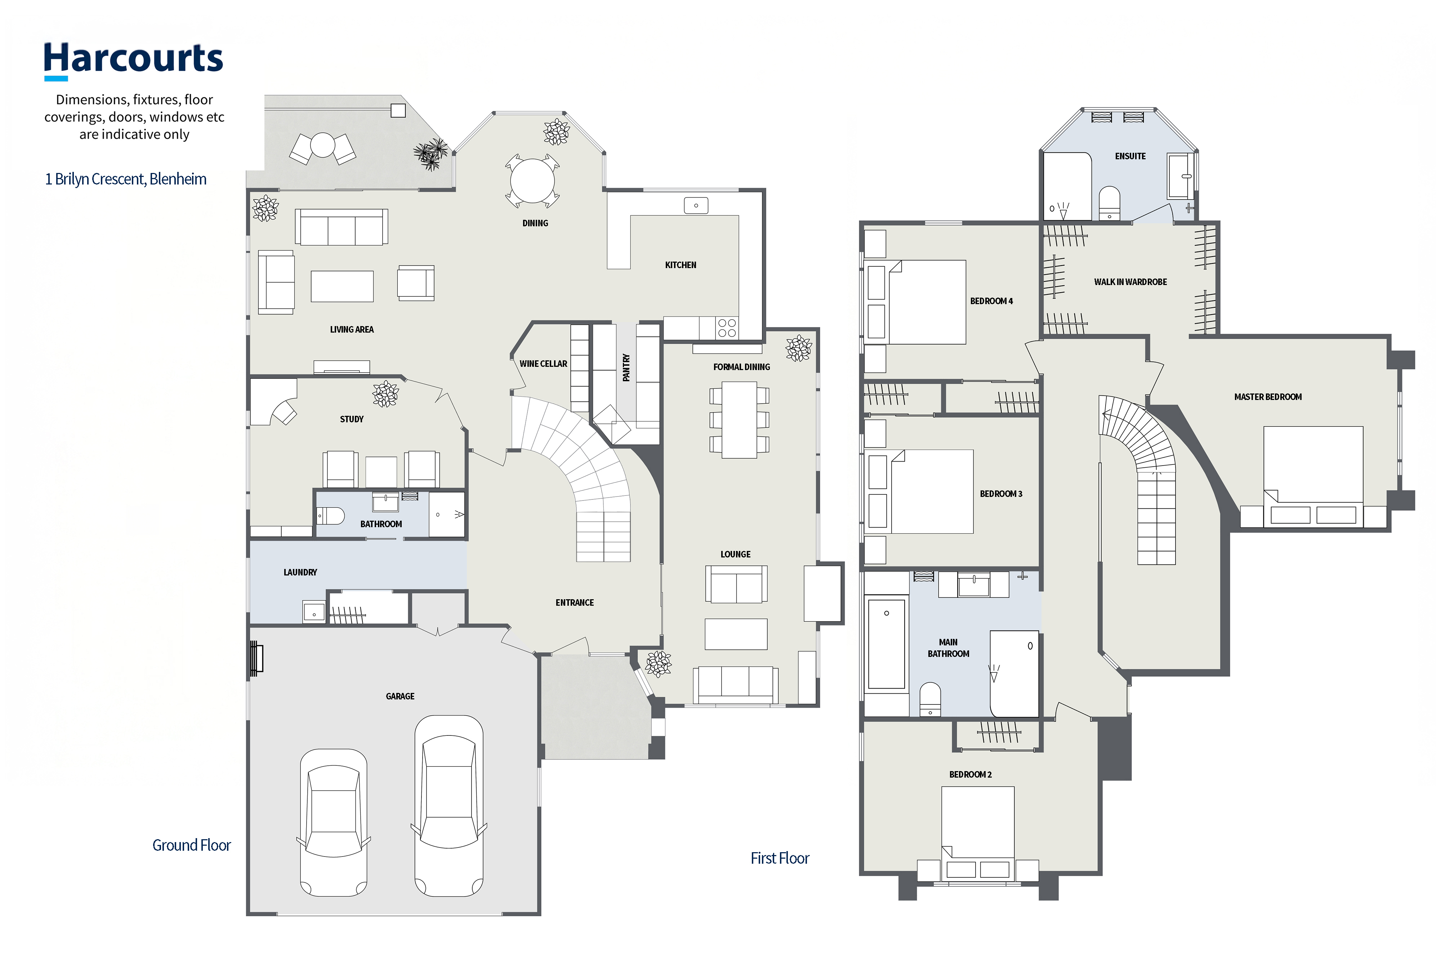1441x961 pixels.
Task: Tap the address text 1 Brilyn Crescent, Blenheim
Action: coord(126,179)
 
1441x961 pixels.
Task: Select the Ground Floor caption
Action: coord(191,845)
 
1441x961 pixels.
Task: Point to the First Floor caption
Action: coord(780,858)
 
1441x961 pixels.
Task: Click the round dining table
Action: coord(532,181)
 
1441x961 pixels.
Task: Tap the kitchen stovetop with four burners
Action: coord(727,328)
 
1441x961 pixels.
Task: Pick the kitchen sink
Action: coord(696,205)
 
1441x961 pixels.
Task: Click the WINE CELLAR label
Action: coord(544,364)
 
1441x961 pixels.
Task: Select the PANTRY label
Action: coord(626,368)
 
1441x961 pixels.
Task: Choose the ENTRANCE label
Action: coord(575,602)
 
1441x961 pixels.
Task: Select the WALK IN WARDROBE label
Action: coord(1130,282)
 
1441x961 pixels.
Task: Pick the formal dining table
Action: coord(740,420)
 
